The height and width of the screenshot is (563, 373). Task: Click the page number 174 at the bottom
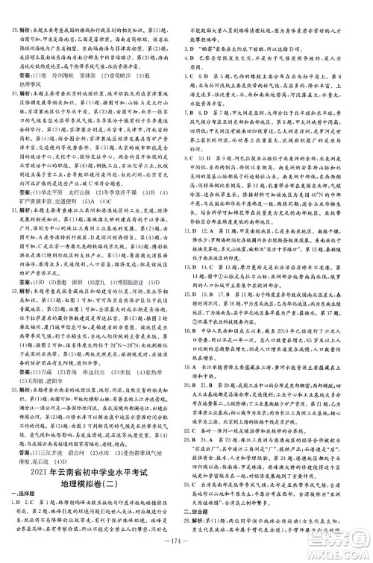186,554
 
